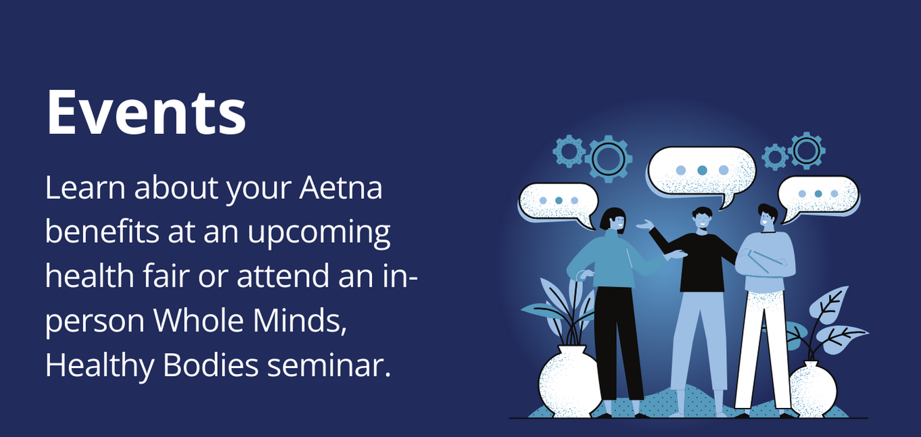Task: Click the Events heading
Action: [146, 112]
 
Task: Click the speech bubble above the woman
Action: [558, 202]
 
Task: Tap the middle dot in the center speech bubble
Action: [702, 170]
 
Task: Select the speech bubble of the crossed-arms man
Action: [818, 195]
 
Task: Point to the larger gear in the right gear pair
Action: [806, 149]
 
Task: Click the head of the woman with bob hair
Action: [613, 221]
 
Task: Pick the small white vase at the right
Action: [813, 390]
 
